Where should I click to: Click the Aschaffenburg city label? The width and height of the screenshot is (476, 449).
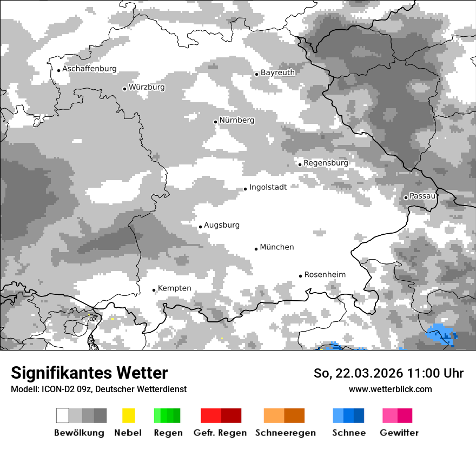89,69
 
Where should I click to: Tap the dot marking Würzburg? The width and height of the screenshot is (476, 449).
124,89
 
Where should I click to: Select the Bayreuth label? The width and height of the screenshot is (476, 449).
277,72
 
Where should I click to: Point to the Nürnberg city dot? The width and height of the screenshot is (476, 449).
215,122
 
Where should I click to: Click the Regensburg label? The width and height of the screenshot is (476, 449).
326,163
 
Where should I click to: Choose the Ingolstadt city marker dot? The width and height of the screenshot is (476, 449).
245,189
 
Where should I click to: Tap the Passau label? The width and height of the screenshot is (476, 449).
422,196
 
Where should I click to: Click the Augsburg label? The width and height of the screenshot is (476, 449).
222,225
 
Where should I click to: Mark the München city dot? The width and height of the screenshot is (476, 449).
256,249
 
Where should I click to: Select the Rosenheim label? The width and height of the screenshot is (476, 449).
325,275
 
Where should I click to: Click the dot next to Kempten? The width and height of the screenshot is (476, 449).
154,290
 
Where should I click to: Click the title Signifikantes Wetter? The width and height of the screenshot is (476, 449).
89,373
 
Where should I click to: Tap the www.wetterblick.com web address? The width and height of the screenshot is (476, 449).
390,389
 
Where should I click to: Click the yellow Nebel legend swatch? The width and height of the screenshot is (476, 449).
128,415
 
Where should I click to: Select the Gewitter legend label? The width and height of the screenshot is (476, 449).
399,433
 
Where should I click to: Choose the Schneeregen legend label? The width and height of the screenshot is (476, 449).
285,433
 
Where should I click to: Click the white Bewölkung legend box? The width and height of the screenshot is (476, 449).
63,415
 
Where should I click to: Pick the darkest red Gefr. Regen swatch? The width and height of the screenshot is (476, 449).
231,415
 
